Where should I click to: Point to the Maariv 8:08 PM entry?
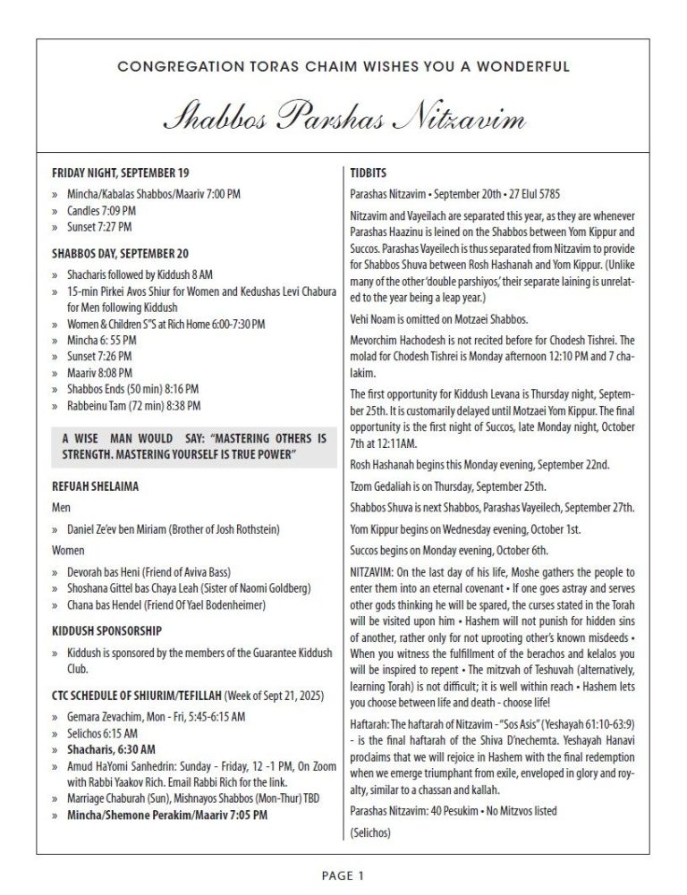point(100,372)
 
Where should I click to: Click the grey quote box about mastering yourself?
point(194,448)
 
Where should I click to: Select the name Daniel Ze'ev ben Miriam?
point(122,528)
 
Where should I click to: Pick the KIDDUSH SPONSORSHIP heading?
point(106,630)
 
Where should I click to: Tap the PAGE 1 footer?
point(343,876)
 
